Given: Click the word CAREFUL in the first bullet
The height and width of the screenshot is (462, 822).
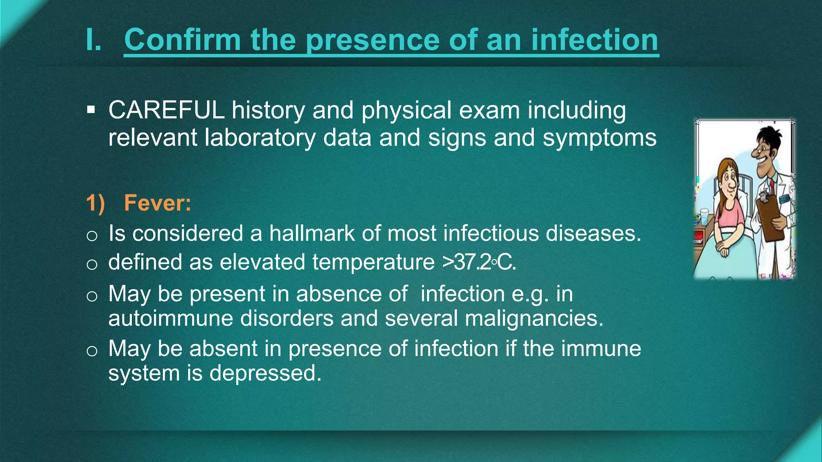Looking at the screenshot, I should point(166,110).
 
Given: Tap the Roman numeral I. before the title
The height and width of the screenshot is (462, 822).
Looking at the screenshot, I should point(94,40).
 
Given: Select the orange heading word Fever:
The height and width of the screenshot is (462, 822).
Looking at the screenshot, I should point(157,203).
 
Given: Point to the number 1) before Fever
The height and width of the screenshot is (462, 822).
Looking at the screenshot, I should point(96,203).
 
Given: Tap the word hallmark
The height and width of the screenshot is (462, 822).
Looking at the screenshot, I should point(312,233).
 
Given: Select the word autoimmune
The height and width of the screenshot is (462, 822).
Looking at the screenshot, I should point(171,318).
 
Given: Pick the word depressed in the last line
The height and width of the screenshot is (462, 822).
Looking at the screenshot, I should point(265,373).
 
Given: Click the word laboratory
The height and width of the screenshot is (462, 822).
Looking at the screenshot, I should point(260,138).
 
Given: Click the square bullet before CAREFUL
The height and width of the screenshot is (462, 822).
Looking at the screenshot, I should point(91,109).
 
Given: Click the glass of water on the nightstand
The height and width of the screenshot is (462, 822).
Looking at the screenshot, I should point(704,217).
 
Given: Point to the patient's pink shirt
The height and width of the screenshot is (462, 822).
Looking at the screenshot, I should point(732,217).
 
